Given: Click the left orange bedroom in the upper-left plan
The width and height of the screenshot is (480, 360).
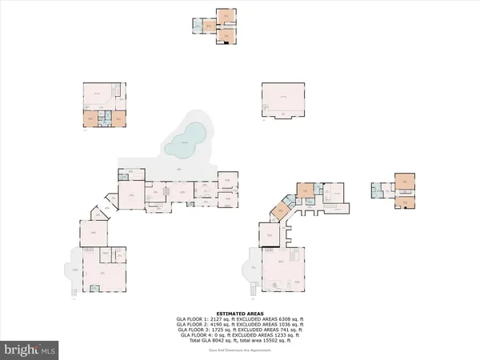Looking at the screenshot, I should tap(92, 119).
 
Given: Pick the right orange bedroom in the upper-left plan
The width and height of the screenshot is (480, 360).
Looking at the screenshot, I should tap(118, 118).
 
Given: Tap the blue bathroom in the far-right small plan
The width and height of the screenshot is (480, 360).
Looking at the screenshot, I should tap(375, 190).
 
